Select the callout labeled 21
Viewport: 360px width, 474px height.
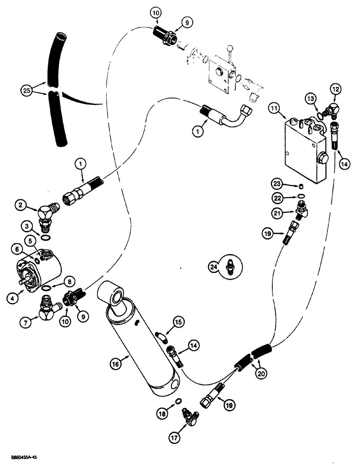coord(278,211)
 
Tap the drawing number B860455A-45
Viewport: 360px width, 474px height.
coord(23,458)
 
